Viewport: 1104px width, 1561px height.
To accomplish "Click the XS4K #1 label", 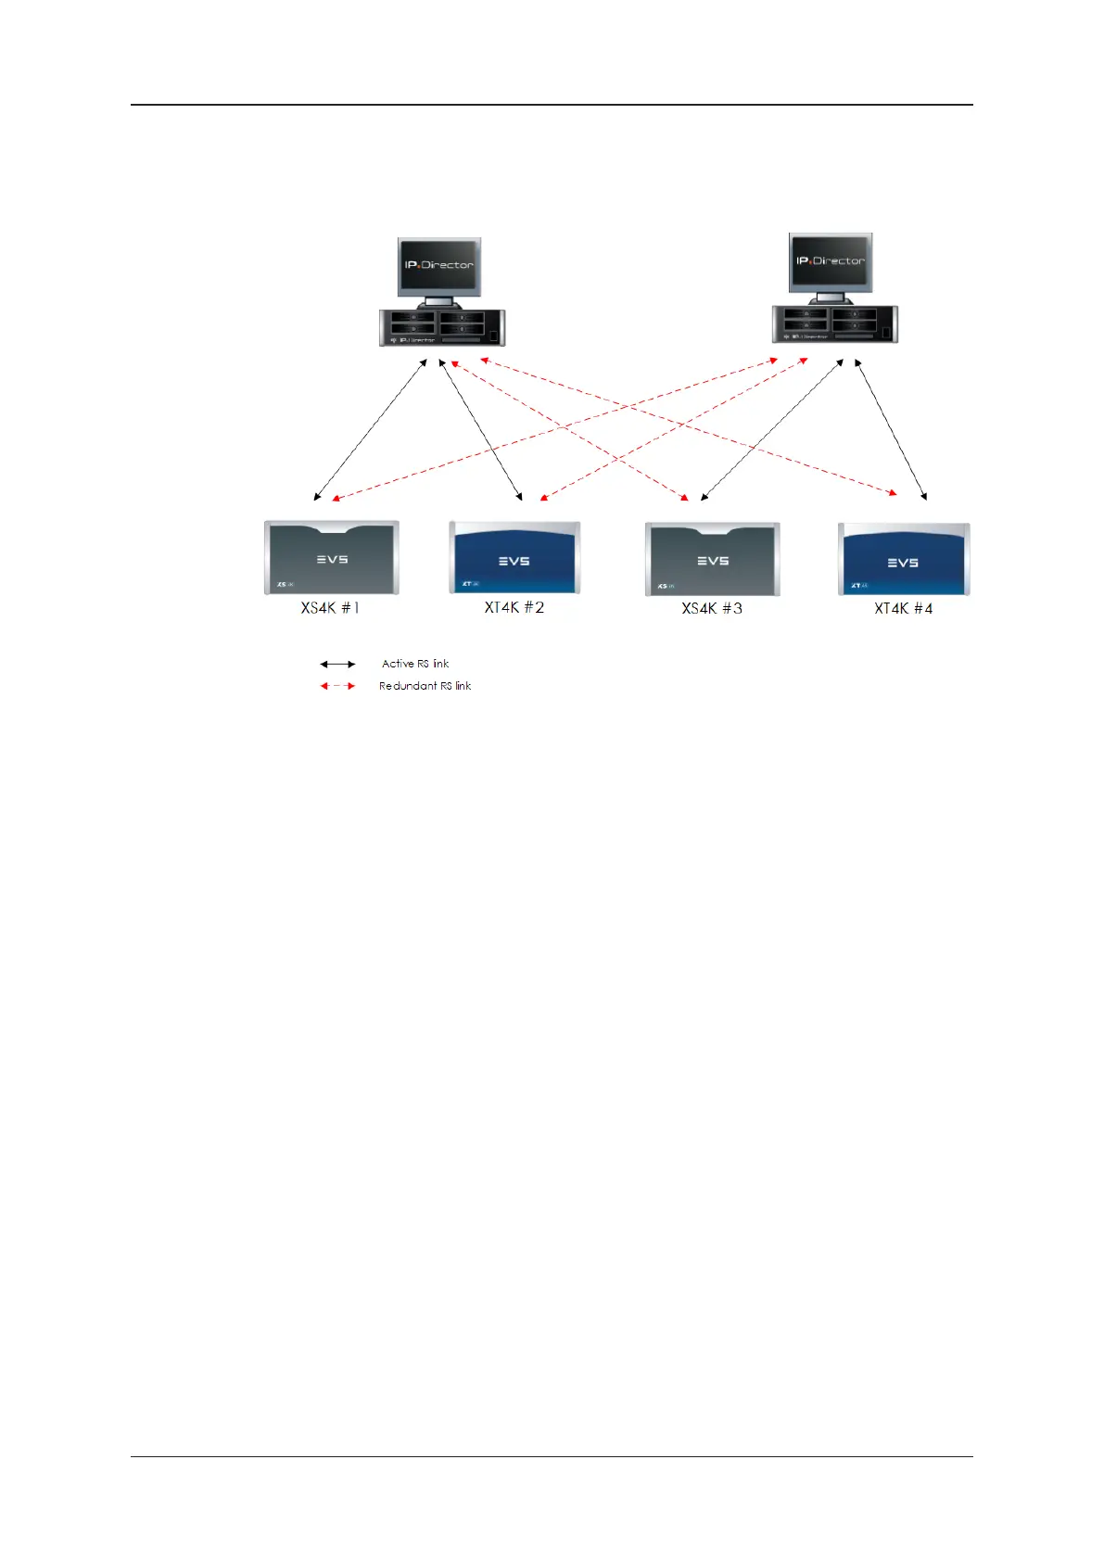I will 330,608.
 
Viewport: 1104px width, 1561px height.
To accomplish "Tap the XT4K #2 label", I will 514,607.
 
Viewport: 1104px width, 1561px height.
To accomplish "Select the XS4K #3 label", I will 712,608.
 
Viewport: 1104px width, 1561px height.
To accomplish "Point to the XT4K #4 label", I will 904,608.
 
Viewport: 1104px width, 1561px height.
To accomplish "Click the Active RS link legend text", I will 415,664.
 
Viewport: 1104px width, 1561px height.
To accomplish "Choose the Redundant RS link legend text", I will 425,686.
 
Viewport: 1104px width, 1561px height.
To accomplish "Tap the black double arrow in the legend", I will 337,664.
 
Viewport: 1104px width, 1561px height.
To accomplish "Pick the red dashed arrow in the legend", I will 337,686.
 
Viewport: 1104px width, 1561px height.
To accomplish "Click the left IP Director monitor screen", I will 439,266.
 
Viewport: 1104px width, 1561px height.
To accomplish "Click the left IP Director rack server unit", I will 442,327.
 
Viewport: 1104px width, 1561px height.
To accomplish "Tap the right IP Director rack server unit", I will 834,324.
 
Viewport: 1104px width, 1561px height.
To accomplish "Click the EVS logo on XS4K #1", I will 332,559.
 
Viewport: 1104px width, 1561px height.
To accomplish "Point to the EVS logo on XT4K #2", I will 514,561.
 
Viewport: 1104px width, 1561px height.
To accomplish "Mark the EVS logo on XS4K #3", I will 713,561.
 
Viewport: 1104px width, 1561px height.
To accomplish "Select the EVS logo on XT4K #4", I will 904,563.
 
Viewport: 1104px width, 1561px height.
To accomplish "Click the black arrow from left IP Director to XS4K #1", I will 371,430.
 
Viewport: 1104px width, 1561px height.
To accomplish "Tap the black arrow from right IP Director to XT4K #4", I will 891,430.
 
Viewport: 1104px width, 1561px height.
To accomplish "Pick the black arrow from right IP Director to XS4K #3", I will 772,430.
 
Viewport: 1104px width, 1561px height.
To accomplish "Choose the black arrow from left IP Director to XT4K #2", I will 480,430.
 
